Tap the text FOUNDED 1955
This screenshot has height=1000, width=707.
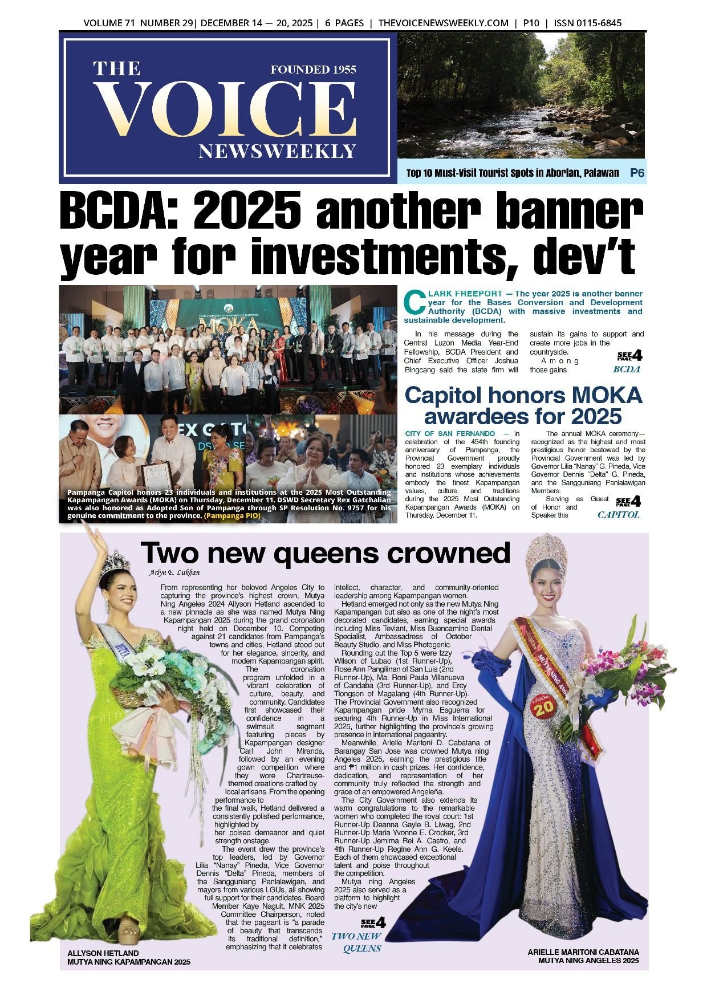click(x=313, y=70)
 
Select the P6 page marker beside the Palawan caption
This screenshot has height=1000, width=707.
click(x=637, y=173)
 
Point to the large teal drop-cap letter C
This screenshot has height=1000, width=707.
click(x=415, y=303)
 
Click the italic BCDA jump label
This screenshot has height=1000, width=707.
click(x=626, y=369)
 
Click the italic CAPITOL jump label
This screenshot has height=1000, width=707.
click(x=618, y=515)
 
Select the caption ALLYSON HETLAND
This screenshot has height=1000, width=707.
click(x=103, y=953)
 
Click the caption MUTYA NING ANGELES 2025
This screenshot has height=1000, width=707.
click(x=588, y=961)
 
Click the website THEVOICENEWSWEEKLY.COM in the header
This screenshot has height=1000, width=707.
click(x=443, y=23)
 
